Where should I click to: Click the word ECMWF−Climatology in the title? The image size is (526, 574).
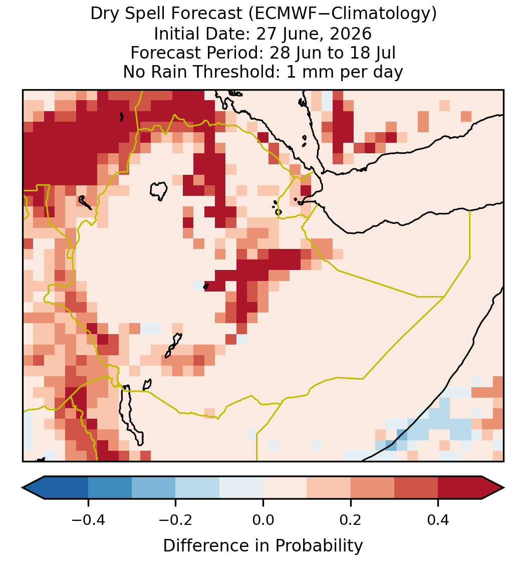tap(343, 14)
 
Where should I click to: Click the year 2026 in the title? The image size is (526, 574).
tap(351, 34)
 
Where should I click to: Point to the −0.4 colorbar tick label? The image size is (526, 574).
tap(88, 520)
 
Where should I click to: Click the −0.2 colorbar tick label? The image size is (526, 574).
tap(176, 520)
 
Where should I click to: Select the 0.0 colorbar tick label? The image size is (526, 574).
tap(263, 520)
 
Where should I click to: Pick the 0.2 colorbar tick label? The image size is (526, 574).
tap(351, 520)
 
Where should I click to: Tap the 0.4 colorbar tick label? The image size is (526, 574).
tap(438, 520)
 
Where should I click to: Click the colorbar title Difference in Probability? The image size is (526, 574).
tap(263, 546)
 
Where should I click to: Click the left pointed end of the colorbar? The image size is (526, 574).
tap(23, 488)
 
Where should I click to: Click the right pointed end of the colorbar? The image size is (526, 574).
tap(504, 488)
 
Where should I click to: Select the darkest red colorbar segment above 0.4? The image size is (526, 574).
tap(460, 488)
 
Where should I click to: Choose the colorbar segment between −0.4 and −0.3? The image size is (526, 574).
tap(110, 488)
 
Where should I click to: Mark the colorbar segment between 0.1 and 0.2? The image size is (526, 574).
tap(329, 488)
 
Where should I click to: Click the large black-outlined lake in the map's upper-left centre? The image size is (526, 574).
tap(159, 190)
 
